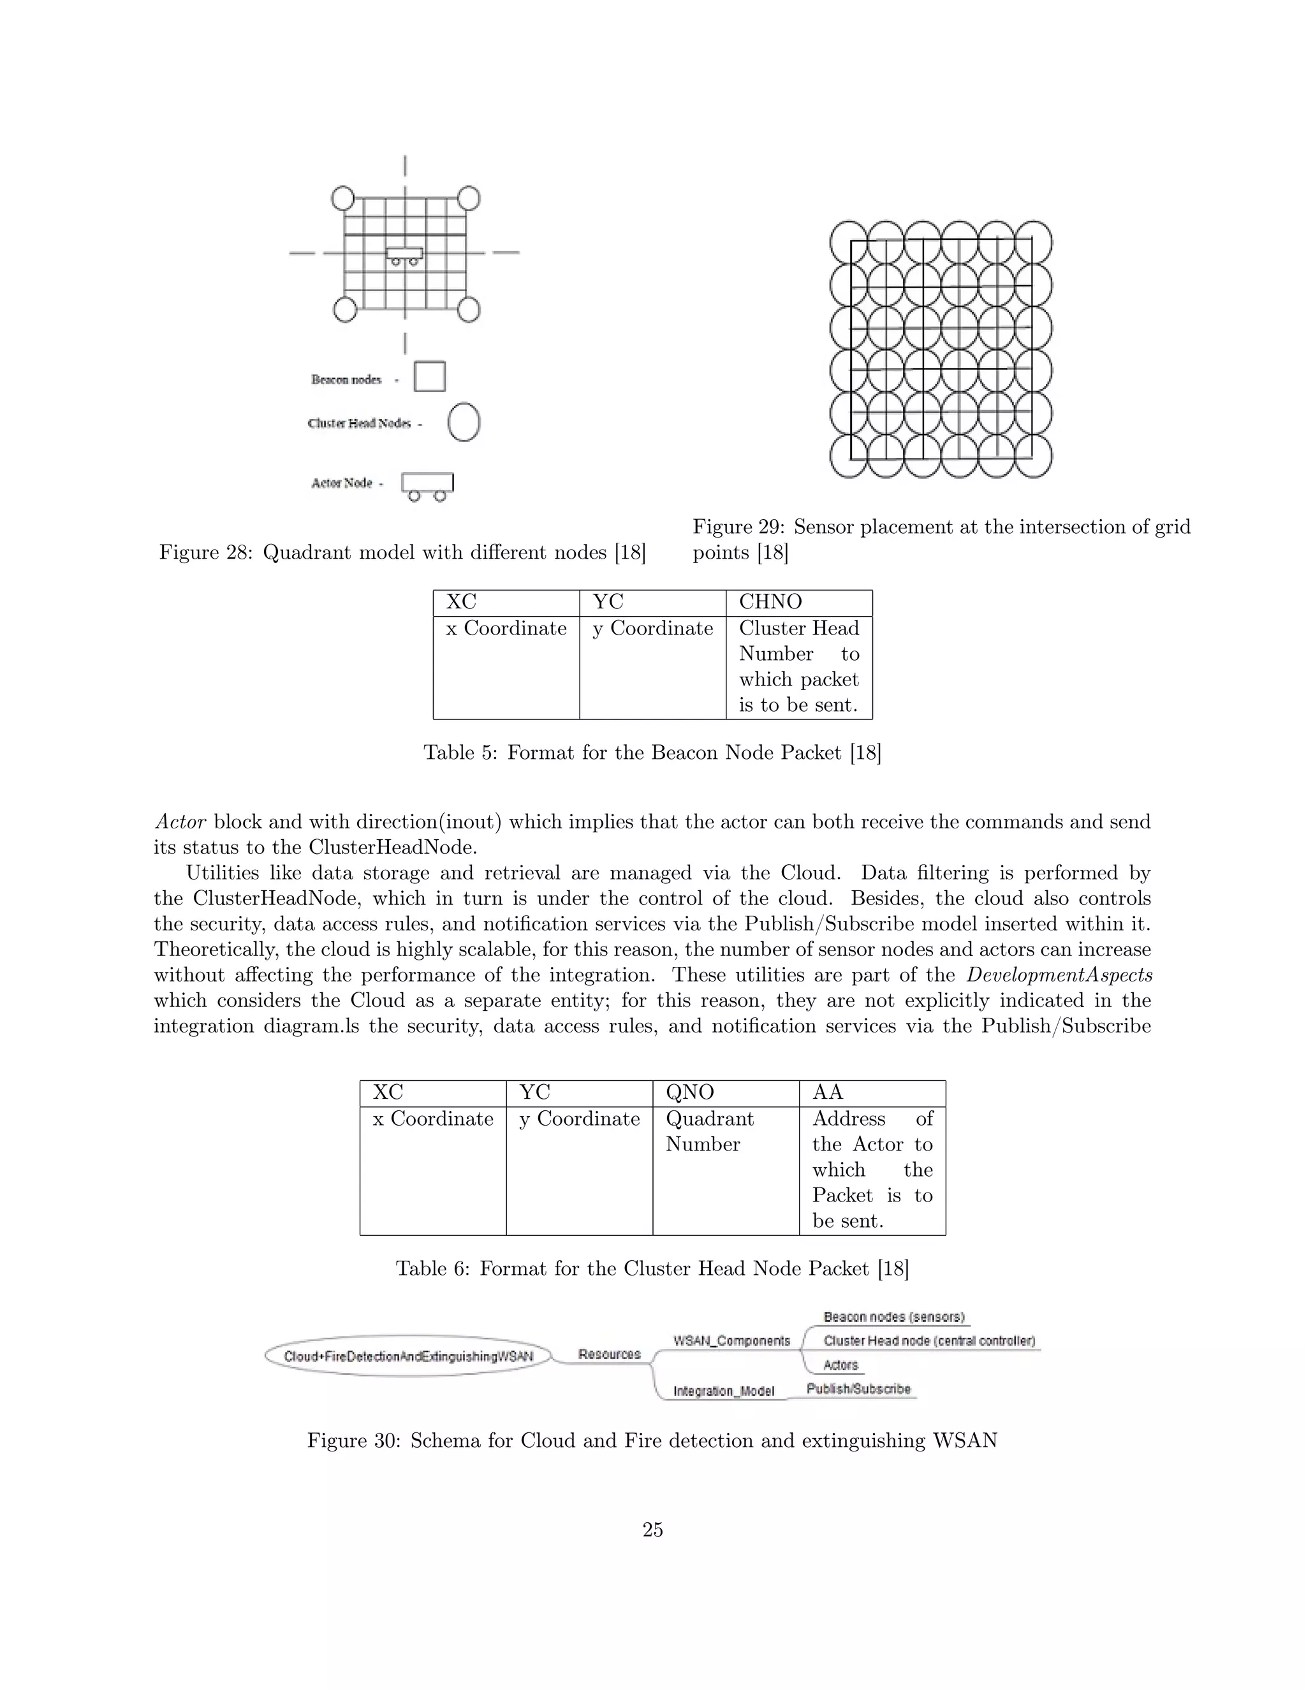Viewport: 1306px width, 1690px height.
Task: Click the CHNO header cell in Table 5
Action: tap(798, 602)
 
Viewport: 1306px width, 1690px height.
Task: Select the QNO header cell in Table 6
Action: tap(725, 1092)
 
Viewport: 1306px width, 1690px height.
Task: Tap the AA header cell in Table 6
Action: tap(871, 1092)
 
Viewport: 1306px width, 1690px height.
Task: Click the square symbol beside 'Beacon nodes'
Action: tap(429, 377)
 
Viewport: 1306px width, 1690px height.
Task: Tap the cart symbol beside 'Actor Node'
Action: tap(427, 485)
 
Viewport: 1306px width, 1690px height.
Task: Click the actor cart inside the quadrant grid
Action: tap(405, 255)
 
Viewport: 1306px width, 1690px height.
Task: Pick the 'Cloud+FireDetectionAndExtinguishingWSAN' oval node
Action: tap(409, 1356)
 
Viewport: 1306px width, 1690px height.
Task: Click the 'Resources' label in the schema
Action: tap(610, 1354)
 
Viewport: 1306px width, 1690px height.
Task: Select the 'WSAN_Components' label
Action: tap(731, 1341)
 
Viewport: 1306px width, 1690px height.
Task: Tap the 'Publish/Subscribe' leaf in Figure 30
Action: tap(858, 1389)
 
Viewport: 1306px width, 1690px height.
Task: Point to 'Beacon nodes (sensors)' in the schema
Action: tap(893, 1317)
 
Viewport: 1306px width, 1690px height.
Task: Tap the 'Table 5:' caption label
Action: tap(460, 753)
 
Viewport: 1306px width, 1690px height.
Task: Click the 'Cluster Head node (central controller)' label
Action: tap(929, 1341)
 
